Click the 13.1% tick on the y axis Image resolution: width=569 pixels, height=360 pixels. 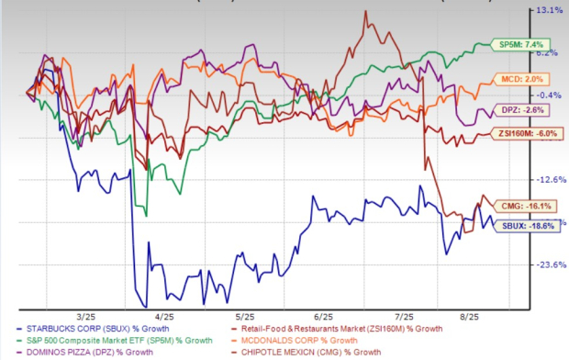(x=548, y=11)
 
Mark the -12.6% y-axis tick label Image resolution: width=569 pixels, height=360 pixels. (x=548, y=179)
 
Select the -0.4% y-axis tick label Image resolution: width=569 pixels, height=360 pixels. (x=548, y=95)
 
